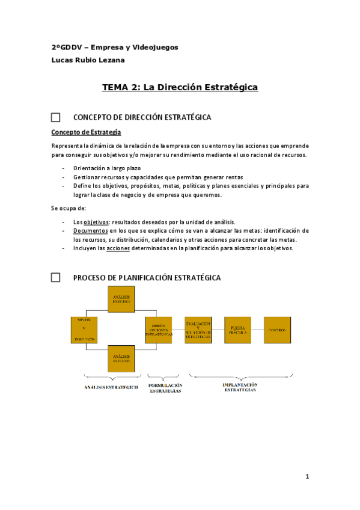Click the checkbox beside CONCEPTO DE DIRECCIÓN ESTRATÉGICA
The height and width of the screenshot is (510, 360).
point(55,117)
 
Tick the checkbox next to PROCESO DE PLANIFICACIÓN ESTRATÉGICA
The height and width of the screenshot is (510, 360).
point(55,277)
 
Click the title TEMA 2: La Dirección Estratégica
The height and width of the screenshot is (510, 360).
point(180,88)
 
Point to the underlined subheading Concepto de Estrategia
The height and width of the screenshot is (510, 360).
point(86,132)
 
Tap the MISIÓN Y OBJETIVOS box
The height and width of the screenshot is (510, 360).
point(84,330)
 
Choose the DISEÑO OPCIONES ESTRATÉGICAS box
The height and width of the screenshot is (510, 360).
point(159,330)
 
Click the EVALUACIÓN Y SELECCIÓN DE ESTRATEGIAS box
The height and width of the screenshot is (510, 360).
point(198,330)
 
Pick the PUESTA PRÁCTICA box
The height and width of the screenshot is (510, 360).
point(237,330)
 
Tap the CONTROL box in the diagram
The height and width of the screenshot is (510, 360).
point(278,330)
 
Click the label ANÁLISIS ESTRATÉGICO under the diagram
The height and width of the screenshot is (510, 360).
point(112,387)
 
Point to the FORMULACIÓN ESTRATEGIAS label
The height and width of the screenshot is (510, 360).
point(165,388)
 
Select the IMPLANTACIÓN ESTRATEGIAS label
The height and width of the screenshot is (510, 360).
point(240,387)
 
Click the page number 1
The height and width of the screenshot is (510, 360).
point(307,477)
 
